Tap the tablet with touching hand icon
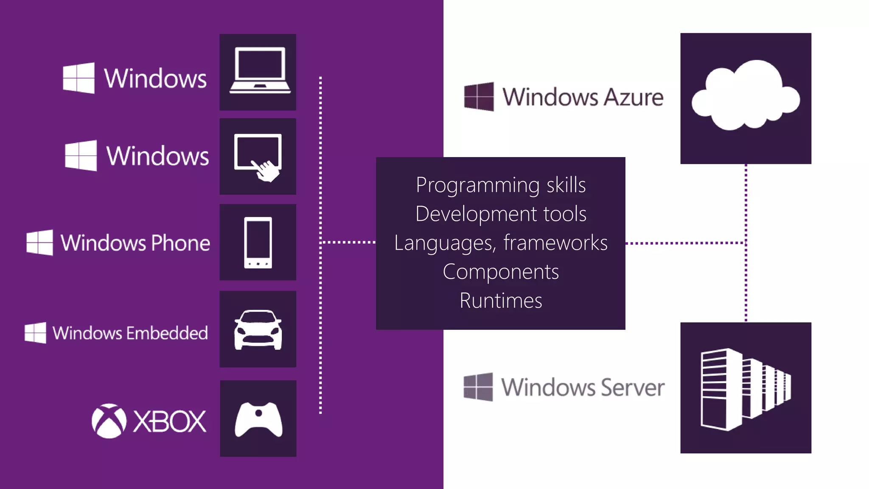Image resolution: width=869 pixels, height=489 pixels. (258, 156)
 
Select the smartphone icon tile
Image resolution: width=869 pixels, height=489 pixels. (258, 242)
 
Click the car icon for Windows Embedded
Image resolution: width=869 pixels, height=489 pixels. (258, 329)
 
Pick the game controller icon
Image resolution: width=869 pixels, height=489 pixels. (258, 419)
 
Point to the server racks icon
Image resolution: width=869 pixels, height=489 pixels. (746, 388)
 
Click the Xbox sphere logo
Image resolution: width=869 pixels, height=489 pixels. (109, 421)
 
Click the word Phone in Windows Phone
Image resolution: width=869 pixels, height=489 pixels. (180, 243)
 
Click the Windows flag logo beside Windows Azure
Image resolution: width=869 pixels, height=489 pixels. (479, 96)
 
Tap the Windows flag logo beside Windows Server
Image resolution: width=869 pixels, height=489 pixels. (478, 387)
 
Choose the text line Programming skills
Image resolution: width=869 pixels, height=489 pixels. (501, 185)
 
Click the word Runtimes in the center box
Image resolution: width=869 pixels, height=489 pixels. (501, 301)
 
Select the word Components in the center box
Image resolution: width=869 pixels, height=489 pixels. (501, 272)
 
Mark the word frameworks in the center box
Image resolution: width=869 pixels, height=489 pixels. (555, 243)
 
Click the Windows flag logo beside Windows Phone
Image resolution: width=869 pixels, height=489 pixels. (40, 243)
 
